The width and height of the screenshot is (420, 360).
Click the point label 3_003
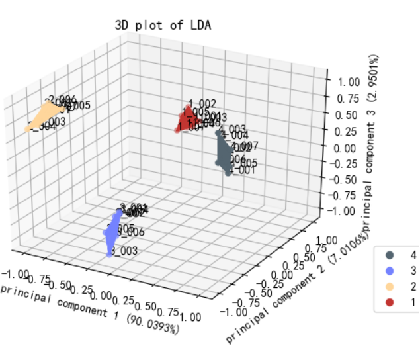click(123, 251)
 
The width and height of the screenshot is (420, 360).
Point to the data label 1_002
click(202, 103)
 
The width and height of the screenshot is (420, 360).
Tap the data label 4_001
click(242, 170)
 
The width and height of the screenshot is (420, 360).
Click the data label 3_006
click(130, 232)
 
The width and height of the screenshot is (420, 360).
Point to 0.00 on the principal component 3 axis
click(343, 147)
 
